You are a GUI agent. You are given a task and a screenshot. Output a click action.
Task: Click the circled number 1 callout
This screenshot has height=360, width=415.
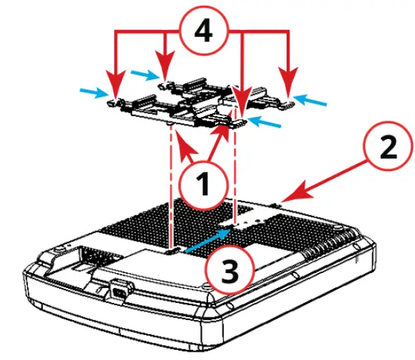(x=203, y=185)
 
